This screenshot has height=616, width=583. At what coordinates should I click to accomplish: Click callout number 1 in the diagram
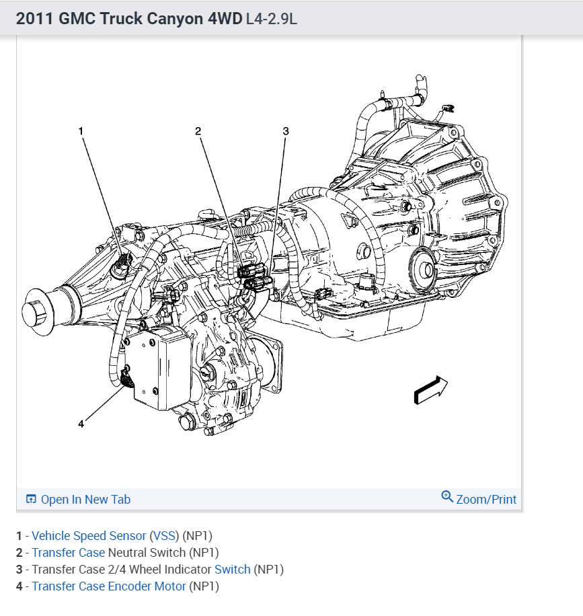[81, 131]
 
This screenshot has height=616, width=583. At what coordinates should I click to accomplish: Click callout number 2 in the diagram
[198, 131]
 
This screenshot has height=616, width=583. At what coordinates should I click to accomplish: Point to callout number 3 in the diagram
[286, 131]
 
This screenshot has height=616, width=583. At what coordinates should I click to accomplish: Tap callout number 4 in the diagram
[81, 424]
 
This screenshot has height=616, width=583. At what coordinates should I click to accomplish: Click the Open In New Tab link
[85, 499]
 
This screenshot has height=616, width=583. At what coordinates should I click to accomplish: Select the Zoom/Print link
[486, 499]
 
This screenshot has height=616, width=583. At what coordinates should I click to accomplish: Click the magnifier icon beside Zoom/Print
[447, 497]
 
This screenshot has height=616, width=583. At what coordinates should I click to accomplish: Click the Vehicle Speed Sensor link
[89, 536]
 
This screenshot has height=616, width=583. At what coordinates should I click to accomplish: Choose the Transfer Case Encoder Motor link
[109, 586]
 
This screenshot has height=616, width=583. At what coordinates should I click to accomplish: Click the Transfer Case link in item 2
[68, 553]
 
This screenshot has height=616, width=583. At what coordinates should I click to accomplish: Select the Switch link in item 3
[232, 570]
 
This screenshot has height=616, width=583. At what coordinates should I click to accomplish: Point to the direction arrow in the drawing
[431, 390]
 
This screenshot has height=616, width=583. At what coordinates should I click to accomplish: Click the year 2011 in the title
[32, 18]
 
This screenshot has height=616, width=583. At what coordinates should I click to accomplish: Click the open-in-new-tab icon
[31, 499]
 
